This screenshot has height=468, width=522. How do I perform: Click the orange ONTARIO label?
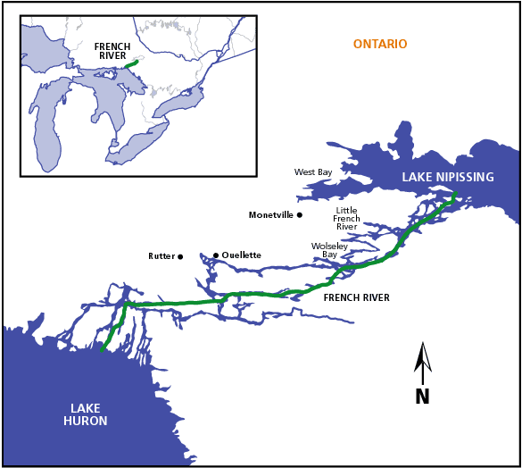(379, 45)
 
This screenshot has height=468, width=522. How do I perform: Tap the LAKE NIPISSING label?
(447, 178)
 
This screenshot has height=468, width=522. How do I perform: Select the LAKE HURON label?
(85, 414)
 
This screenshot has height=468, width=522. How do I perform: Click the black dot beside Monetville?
(300, 214)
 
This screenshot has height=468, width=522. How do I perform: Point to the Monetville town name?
(270, 215)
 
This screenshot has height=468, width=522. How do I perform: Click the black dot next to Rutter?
(180, 256)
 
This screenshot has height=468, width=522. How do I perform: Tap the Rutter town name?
(161, 256)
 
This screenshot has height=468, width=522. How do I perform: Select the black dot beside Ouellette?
(215, 255)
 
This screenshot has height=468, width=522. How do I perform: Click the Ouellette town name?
(241, 255)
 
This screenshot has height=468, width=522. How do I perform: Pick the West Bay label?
(312, 171)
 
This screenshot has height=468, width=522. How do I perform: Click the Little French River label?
(345, 219)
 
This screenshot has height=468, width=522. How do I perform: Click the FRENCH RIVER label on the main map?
(356, 297)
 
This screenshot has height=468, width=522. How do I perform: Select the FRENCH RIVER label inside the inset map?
(112, 52)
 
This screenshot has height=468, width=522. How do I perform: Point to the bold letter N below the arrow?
(422, 397)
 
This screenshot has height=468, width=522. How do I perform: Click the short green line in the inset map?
(132, 63)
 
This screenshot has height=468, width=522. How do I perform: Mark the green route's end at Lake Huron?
(103, 350)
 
